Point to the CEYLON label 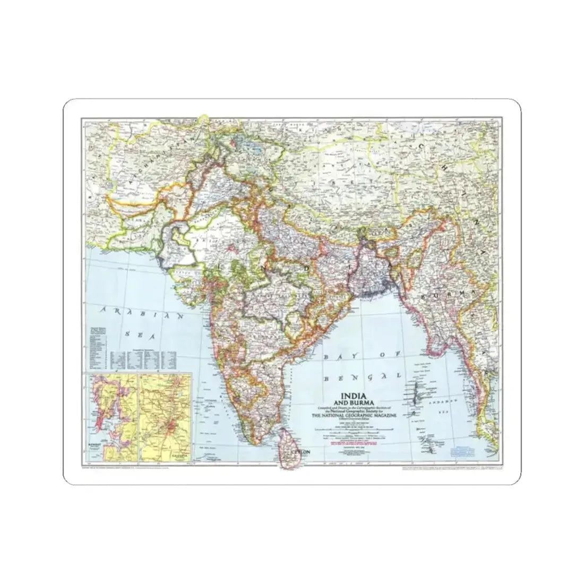pos(296,453)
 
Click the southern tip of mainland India pos(254,444)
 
